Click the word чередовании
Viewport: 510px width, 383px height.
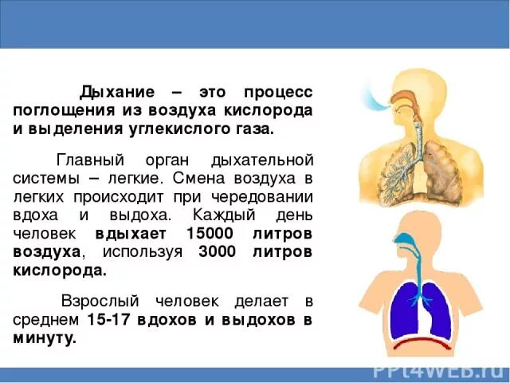click(265, 197)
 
